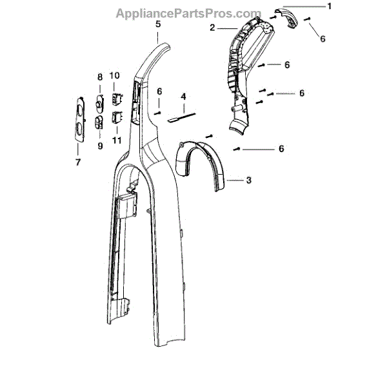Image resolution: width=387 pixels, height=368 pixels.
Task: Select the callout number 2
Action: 212,28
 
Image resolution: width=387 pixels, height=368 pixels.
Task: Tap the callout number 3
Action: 248,180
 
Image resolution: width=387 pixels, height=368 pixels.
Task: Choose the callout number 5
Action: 158,23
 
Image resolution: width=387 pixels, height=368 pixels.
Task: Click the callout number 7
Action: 77,162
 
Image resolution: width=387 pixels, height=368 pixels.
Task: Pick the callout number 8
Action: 100,77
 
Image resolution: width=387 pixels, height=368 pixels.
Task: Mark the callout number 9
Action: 100,146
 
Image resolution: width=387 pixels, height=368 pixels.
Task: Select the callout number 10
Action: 115,76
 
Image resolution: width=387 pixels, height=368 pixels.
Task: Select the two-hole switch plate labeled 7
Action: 77,119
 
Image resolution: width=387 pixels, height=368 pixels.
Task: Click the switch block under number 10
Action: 117,98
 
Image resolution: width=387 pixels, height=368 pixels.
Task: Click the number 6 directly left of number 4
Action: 159,92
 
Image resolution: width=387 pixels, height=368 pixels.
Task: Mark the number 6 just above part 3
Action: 281,148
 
